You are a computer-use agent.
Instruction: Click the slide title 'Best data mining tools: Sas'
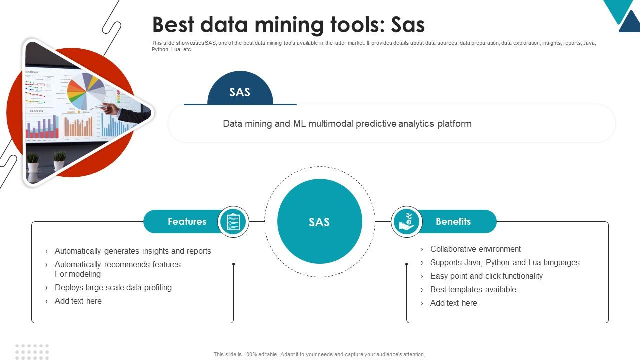[x=288, y=25]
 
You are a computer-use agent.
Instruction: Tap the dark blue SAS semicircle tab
[x=240, y=90]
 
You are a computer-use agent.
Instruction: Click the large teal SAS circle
[x=319, y=222]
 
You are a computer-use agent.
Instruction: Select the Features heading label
[x=187, y=221]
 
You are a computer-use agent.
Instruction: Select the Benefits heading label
[x=453, y=221]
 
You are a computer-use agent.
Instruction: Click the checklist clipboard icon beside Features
[x=233, y=221]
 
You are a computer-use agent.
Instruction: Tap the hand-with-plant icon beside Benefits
[x=406, y=221]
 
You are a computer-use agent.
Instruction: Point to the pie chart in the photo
[x=86, y=91]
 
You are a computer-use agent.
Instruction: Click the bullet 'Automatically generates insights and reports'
[x=133, y=251]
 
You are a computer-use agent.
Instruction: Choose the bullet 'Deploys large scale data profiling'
[x=113, y=287]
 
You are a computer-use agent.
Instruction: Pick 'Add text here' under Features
[x=78, y=301]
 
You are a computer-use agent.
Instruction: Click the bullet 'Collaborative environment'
[x=475, y=249]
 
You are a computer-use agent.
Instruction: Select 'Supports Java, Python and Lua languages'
[x=505, y=262]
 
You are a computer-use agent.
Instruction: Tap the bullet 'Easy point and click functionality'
[x=486, y=276]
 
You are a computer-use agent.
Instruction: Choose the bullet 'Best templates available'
[x=473, y=289]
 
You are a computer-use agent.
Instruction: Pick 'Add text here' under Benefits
[x=453, y=303]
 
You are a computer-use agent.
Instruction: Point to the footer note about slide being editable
[x=319, y=354]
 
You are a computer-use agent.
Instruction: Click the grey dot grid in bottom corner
[x=32, y=351]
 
